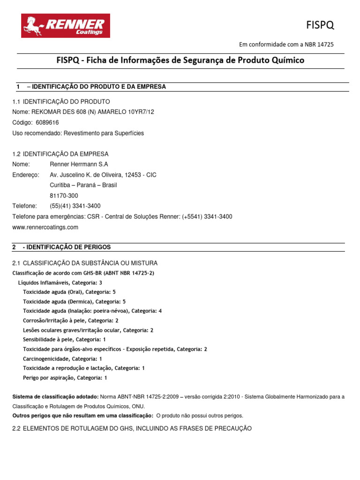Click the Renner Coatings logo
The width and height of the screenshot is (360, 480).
pos(66,26)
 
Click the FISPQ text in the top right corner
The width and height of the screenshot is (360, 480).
pos(320,24)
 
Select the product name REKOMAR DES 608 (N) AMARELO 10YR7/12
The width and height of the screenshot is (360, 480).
pos(91,112)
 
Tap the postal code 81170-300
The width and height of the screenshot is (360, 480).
pos(64,195)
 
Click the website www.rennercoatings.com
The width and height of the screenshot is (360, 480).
pos(45,227)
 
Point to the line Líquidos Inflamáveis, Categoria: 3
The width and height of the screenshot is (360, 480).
pos(60,283)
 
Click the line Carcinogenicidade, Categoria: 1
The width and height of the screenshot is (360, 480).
pos(62,359)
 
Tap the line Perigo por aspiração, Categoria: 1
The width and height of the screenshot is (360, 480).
pos(65,377)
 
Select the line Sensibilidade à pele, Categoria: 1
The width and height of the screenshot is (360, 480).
pos(64,339)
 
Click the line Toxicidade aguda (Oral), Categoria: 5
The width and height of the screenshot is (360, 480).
pos(69,292)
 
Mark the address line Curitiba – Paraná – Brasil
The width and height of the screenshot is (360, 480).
pos(83,185)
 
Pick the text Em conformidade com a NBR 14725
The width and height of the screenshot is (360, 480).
pos(286,45)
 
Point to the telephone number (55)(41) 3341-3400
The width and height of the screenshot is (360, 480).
pos(75,206)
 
